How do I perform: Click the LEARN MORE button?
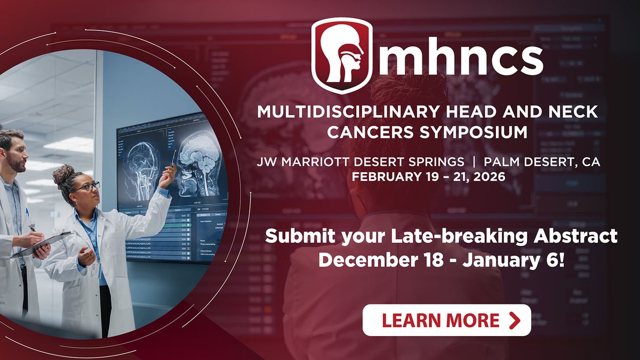click(446, 320)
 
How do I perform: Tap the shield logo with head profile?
click(342, 55)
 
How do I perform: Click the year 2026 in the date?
click(490, 175)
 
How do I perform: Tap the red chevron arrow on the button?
click(515, 320)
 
